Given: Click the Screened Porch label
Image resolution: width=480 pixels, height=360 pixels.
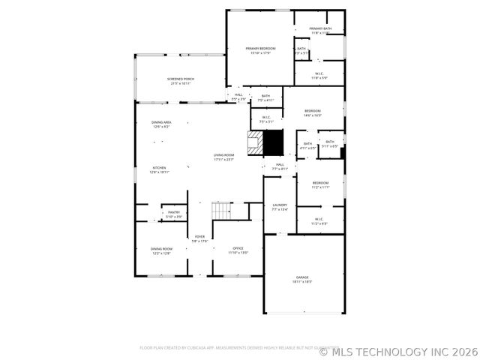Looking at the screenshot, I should click(x=180, y=79).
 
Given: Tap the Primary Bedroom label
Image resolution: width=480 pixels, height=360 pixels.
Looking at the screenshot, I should click(x=261, y=49).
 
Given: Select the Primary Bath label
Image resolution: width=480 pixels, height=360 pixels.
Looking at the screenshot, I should click(x=320, y=28).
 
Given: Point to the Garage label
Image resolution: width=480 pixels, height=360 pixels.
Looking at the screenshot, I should click(x=302, y=277).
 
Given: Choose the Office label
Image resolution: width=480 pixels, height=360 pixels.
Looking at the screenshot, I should click(x=238, y=248).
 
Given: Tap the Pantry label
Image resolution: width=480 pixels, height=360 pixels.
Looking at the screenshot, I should click(x=174, y=212).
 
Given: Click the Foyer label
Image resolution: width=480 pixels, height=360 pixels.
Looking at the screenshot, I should click(x=199, y=237).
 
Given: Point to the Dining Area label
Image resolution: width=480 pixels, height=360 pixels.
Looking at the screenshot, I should click(x=161, y=122).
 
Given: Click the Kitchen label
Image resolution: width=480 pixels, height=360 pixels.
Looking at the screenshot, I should click(x=159, y=168).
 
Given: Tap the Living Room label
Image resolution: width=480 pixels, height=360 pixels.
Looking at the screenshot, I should click(x=223, y=155).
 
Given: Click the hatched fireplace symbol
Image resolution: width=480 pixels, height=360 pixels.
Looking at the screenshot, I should click(x=254, y=142).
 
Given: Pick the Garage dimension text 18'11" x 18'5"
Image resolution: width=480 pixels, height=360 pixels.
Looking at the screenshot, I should click(x=302, y=282).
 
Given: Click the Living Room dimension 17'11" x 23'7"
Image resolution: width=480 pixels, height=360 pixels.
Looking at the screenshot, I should click(x=223, y=160).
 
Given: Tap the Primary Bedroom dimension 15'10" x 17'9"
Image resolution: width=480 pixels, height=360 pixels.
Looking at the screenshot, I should click(x=261, y=52).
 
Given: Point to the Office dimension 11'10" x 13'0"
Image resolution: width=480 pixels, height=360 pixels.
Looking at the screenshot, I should click(x=238, y=253).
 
